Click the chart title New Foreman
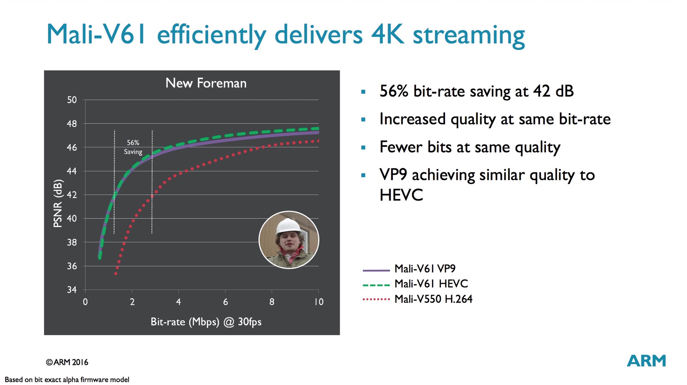(x=206, y=83)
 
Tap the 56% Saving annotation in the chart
(x=133, y=147)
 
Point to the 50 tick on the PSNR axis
(x=72, y=100)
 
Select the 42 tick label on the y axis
(x=72, y=195)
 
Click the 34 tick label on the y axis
(x=72, y=290)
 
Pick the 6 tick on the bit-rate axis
(x=225, y=302)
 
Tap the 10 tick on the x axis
(x=319, y=302)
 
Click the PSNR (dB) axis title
(x=58, y=203)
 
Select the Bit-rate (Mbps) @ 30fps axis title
(x=206, y=322)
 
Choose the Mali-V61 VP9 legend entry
(x=425, y=269)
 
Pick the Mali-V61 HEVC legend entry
(x=431, y=284)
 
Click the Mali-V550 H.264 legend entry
(x=433, y=299)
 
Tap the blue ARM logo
(x=646, y=361)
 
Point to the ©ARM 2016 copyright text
(x=67, y=362)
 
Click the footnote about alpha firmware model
(x=67, y=380)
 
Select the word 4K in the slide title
(x=388, y=35)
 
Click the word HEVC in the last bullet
(x=401, y=195)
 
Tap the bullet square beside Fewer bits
(x=364, y=147)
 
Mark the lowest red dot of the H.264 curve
(x=116, y=274)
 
